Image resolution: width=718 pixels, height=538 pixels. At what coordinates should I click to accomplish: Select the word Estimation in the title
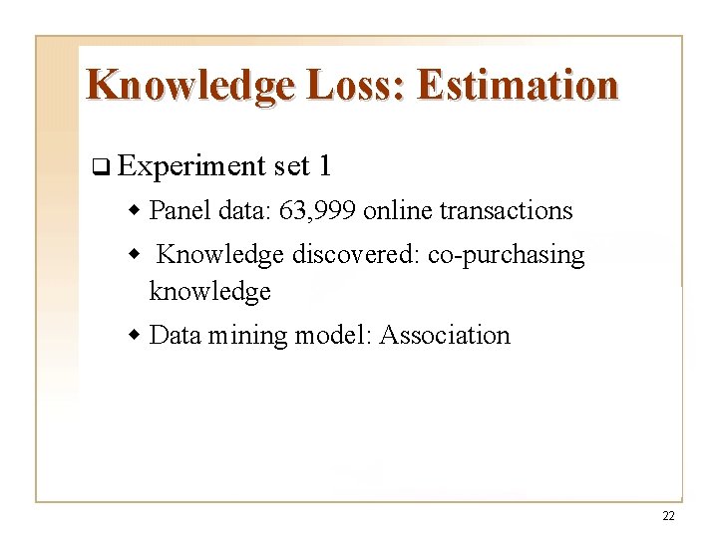click(518, 85)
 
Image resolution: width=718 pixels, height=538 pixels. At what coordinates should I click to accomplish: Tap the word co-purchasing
click(506, 256)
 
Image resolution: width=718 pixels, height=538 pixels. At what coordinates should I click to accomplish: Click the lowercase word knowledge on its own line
click(209, 292)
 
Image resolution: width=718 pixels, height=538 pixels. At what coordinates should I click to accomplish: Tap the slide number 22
click(667, 516)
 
